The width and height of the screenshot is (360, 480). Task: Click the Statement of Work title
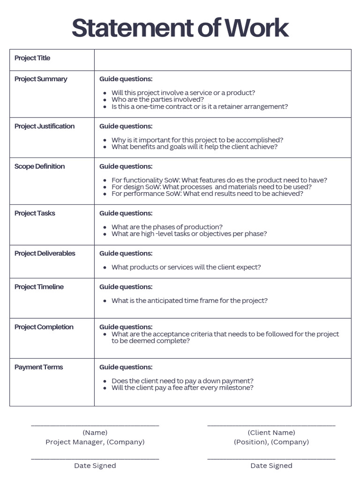coord(180,28)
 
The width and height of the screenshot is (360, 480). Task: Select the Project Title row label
coord(32,58)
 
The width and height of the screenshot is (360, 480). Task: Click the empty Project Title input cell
coord(223,60)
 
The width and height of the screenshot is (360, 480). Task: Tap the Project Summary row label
coord(41,79)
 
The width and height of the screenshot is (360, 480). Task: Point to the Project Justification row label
coord(45,126)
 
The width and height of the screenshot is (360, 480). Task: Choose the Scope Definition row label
coord(40,166)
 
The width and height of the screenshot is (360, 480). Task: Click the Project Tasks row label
coord(35,213)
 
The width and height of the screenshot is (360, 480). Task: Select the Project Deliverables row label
coord(45,254)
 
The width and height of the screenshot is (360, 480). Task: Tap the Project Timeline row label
coord(39,287)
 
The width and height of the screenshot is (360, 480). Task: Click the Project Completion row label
coord(44,327)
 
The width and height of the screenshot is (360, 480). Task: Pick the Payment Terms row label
coord(38,367)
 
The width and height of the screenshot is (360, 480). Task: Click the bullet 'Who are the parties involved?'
coord(157,99)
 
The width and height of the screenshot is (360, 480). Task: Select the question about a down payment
coord(182,381)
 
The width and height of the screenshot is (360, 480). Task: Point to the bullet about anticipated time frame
coord(189,300)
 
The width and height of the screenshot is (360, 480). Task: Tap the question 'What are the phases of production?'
coord(167,227)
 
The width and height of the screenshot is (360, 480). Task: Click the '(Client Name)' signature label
coord(271,433)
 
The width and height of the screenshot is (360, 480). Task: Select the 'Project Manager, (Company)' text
coord(95,442)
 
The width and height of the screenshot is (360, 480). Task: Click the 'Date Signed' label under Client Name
coord(271,465)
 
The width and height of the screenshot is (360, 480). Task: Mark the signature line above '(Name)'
coord(95,425)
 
